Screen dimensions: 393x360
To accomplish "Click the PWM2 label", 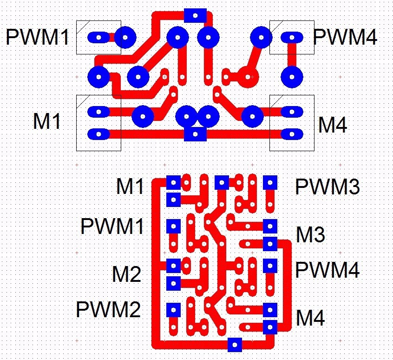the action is point(108,309).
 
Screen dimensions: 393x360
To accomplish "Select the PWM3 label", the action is point(327,187).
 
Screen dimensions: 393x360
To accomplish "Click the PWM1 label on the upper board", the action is point(37,37).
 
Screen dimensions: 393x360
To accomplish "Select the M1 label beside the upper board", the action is point(47,121).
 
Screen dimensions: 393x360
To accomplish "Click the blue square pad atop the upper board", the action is point(195,15).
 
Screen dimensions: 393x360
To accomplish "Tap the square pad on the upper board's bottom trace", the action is point(195,134).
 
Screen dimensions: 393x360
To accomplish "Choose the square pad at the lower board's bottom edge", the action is point(235,345).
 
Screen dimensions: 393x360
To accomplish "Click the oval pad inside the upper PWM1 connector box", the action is point(98,37).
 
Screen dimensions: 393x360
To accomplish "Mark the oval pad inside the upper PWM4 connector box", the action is point(291,37).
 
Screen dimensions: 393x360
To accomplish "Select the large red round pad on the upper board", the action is point(248,75).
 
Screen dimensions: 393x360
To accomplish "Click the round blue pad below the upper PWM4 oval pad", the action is point(291,75).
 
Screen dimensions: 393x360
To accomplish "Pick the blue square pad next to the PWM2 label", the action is point(173,308).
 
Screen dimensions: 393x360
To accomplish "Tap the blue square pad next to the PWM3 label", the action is point(270,182).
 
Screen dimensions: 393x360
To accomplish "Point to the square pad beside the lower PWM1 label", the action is point(173,226).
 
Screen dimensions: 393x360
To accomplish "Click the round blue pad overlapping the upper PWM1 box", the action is point(124,37).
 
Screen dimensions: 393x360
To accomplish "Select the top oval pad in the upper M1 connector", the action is point(98,112).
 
